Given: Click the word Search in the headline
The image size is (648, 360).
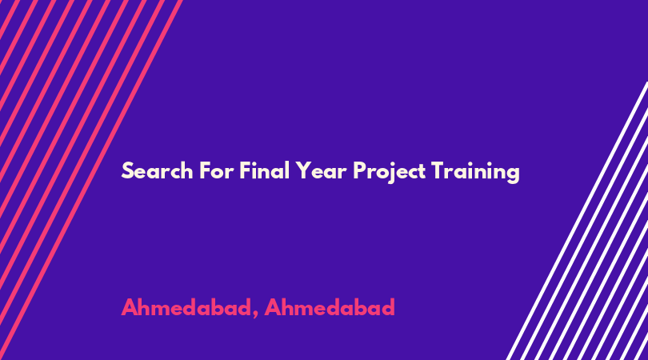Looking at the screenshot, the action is pos(157,170).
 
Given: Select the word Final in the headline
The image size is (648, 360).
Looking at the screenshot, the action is pos(264,170).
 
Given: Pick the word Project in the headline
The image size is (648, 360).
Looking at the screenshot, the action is pos(390,172).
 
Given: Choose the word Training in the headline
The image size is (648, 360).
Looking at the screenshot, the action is pos(475,172).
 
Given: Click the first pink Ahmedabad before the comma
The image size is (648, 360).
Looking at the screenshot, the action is pos(186,307).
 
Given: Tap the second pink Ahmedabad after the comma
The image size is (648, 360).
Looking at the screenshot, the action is pos(330,307).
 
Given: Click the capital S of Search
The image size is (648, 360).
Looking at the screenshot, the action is pos(128,170).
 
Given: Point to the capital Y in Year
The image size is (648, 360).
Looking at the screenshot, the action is pos(303,170).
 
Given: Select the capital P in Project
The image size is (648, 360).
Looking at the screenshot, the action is pos(360,170).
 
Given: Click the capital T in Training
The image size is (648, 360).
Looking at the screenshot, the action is pos(438,170).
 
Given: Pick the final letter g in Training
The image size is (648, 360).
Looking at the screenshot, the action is pos(514,175).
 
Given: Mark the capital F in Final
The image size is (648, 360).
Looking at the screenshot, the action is pos(246,170).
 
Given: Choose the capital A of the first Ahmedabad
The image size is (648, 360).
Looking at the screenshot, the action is pos(130,307).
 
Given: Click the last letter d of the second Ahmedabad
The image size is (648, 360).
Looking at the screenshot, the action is pos(388,307).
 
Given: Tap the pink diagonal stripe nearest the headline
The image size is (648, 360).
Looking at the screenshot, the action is pos(91,180).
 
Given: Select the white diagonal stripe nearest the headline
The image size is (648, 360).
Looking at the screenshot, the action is pos(578,221).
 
